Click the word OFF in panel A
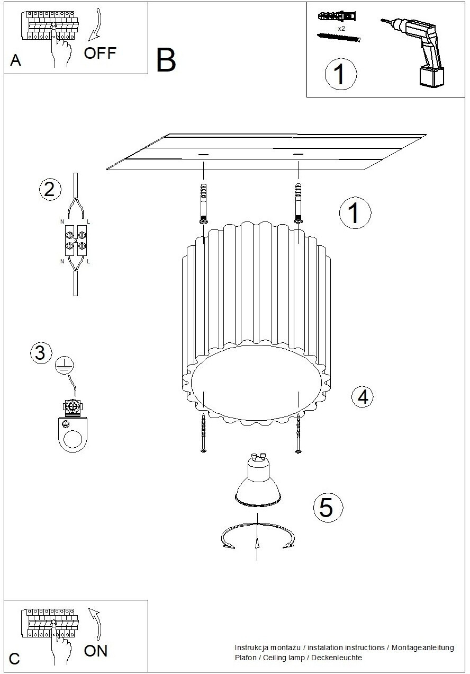[100, 54]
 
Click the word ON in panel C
[96, 651]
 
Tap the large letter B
[166, 60]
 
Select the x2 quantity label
[341, 29]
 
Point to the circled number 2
[50, 190]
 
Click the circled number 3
[41, 353]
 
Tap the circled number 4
[363, 396]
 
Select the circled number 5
[328, 508]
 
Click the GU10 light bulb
[258, 480]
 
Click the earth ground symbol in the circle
[65, 365]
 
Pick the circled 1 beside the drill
[341, 74]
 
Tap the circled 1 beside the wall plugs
[355, 212]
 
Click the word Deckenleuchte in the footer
[337, 658]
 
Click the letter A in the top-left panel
[16, 60]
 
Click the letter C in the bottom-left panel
[14, 658]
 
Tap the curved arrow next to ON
[96, 624]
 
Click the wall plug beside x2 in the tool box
[337, 16]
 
